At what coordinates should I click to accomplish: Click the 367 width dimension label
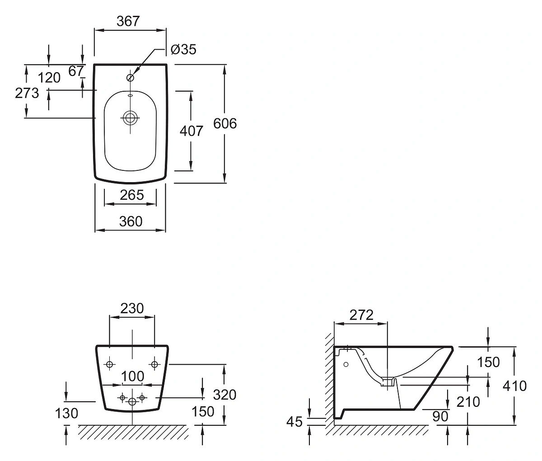tap(128, 21)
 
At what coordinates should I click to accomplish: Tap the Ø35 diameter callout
tap(184, 49)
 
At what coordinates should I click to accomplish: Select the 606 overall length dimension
tap(225, 123)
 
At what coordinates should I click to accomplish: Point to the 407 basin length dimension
tap(191, 131)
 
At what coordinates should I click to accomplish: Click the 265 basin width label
tap(131, 195)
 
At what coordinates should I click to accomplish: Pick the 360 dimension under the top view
tap(131, 221)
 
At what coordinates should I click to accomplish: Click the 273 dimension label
tap(27, 93)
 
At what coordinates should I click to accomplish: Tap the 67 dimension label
tap(76, 71)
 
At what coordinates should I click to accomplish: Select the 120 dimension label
tap(49, 78)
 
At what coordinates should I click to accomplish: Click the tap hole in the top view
tap(131, 78)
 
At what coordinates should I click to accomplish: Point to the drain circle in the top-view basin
tap(131, 118)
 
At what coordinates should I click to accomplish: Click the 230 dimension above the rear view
tap(132, 308)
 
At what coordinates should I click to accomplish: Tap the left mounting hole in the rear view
tap(110, 364)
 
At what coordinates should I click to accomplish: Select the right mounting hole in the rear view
tap(154, 363)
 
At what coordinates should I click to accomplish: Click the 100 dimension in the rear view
tap(133, 376)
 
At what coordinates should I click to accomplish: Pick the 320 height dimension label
tap(225, 395)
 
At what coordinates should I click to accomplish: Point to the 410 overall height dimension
tap(515, 386)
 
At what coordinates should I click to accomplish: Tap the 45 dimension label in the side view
tap(294, 422)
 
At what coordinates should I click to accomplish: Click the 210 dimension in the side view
tap(468, 401)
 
